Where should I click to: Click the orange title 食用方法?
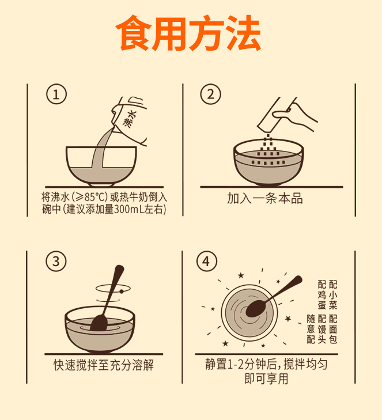click(x=188, y=33)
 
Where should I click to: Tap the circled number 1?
click(x=56, y=94)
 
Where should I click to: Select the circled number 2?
click(x=210, y=94)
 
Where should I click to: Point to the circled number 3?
click(x=56, y=261)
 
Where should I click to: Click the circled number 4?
click(x=206, y=261)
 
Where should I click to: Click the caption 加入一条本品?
click(x=265, y=199)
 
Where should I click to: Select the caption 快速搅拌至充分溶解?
click(x=104, y=365)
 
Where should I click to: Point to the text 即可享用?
click(x=266, y=379)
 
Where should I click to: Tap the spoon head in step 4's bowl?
click(x=256, y=308)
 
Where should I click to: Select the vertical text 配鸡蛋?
click(x=322, y=294)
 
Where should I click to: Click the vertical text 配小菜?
click(x=333, y=294)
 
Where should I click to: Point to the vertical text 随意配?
click(x=311, y=329)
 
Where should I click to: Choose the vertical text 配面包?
click(x=333, y=329)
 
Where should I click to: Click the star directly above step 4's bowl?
click(x=241, y=275)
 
